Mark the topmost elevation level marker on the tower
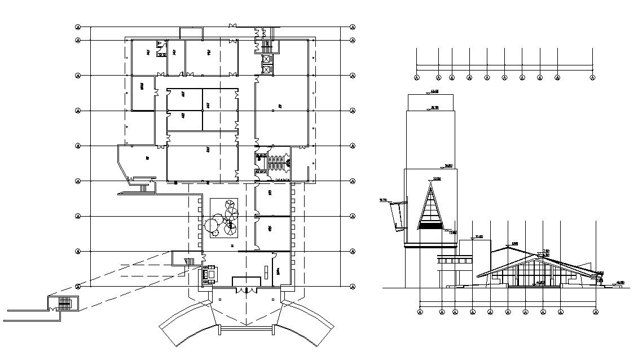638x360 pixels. point(433,91)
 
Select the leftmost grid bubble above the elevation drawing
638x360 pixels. point(417,78)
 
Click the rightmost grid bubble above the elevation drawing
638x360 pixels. point(592,78)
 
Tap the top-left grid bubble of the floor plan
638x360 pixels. point(78,27)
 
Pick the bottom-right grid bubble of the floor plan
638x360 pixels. point(353,287)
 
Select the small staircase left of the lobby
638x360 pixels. point(190,261)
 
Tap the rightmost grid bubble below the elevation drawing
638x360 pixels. point(596,311)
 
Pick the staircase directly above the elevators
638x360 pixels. point(266,45)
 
